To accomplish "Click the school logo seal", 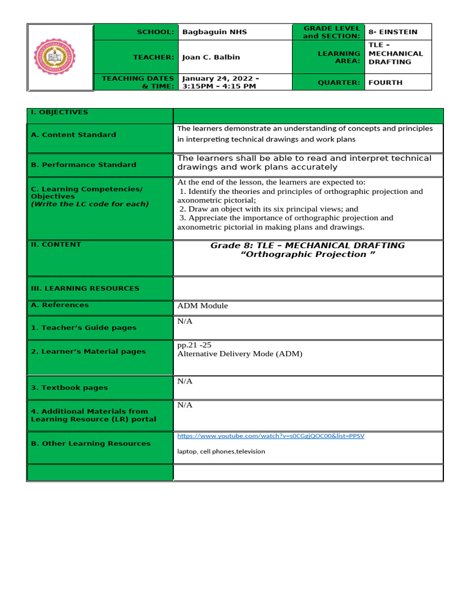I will (60, 58).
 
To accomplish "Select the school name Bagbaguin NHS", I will (215, 32).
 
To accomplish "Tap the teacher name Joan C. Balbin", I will (211, 57).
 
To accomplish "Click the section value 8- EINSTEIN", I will (393, 32).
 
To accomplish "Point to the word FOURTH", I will (385, 83).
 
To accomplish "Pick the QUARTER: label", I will (339, 83).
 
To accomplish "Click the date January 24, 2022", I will (220, 78).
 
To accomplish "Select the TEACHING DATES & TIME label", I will (138, 82).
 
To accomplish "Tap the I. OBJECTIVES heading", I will (59, 112).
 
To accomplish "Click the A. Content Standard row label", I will (73, 135).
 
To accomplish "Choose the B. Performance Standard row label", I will (83, 165).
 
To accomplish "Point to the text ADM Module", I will (202, 306).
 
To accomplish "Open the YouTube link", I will (271, 436).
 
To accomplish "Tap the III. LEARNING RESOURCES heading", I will (85, 288).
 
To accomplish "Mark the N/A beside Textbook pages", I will (185, 382).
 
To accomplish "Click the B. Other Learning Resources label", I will (90, 444).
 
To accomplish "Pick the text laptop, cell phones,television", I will (221, 451).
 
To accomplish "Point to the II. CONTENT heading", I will (56, 245).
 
